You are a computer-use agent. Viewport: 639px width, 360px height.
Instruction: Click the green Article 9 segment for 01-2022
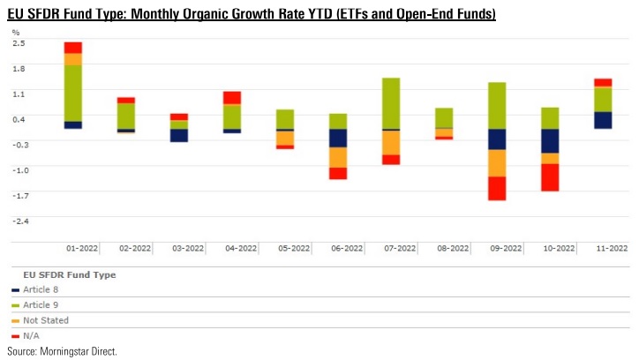point(73,93)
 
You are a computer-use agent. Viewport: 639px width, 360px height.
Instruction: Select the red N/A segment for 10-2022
point(550,177)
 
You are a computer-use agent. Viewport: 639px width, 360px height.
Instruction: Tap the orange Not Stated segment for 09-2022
point(497,163)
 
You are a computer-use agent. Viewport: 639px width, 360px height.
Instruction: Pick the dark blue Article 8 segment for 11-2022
point(603,120)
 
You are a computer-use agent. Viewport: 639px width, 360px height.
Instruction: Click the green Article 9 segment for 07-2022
point(391,103)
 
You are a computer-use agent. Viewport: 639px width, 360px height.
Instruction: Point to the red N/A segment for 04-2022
point(232,98)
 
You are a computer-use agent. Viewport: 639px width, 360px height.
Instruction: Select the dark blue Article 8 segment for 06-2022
point(338,138)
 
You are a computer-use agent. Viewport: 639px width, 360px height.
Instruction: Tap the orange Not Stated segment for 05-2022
point(285,138)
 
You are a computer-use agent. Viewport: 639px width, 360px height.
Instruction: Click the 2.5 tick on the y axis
point(19,42)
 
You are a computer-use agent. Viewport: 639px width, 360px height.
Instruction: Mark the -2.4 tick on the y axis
point(19,221)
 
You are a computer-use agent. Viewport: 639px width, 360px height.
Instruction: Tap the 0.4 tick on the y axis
point(19,118)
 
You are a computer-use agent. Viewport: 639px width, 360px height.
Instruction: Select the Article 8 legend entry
point(41,289)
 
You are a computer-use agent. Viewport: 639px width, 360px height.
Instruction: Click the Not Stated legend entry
point(45,320)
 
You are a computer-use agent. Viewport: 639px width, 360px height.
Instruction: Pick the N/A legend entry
point(33,335)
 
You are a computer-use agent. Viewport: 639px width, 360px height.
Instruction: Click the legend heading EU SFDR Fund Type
point(70,274)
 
